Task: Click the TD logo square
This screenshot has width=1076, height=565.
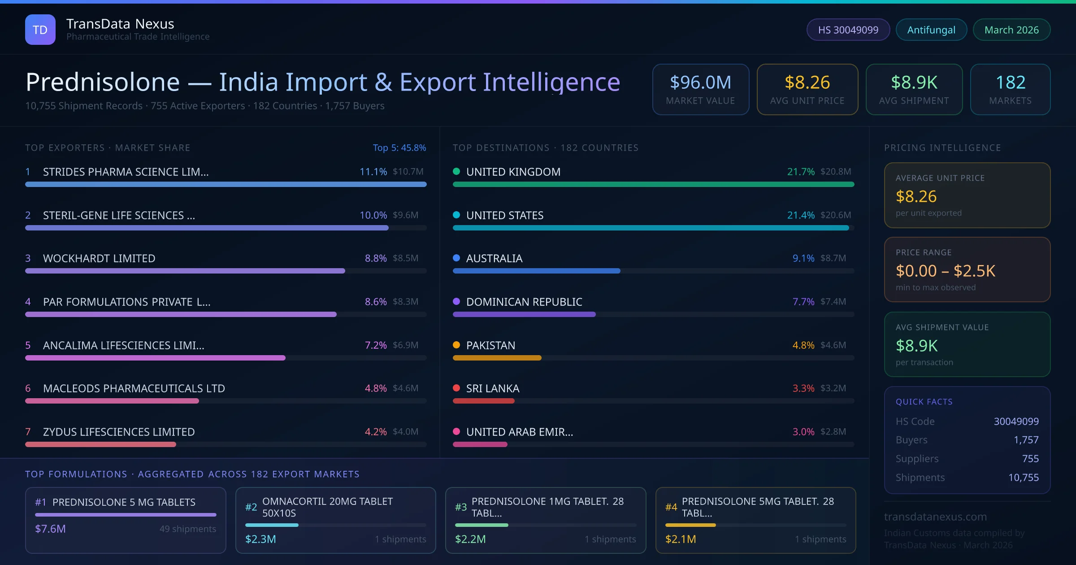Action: [x=40, y=30]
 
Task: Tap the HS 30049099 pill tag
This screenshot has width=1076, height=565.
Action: [x=848, y=30]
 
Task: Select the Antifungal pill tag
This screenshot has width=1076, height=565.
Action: [x=931, y=30]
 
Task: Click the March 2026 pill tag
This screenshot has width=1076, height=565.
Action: [x=1011, y=30]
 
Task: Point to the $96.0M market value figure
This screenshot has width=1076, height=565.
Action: [x=700, y=83]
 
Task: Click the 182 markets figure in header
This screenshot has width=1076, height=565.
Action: [x=1010, y=83]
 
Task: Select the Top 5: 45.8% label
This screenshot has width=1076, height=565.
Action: [x=399, y=148]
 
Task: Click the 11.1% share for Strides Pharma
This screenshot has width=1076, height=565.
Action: [x=373, y=172]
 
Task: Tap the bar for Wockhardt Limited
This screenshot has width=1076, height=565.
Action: [x=185, y=271]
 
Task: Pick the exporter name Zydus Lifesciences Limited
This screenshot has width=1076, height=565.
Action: [x=119, y=432]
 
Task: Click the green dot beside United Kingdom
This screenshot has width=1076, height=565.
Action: [x=456, y=171]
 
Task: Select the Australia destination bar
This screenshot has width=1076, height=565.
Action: [x=536, y=271]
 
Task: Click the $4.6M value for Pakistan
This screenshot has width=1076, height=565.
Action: [x=833, y=345]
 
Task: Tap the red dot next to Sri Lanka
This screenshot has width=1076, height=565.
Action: [x=456, y=388]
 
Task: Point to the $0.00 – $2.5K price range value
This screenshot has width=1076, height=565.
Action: [x=945, y=271]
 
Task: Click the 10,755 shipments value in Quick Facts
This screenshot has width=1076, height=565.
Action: [x=1023, y=478]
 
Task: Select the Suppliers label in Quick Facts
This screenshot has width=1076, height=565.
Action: [x=917, y=459]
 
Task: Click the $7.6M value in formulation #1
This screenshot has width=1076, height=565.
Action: [x=50, y=529]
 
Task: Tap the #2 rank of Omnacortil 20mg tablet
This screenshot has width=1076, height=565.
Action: [x=251, y=507]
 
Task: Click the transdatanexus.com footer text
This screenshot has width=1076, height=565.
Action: [x=935, y=517]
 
